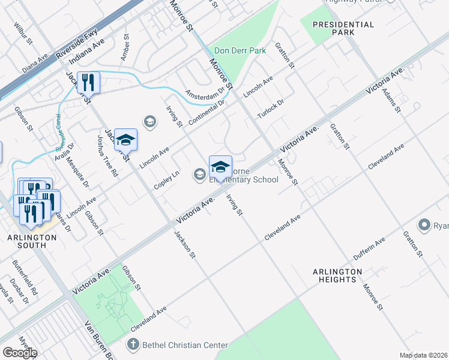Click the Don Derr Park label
240,51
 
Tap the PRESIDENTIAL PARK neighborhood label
343,29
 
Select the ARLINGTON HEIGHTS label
337,275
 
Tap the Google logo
19,352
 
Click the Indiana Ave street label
86,52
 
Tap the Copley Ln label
166,179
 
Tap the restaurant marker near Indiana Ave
88,82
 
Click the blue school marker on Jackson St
125,139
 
